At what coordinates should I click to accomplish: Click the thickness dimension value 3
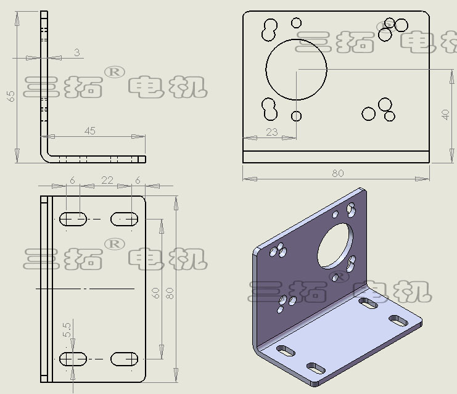[x=76, y=52]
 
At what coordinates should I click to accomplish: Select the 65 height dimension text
[x=10, y=96]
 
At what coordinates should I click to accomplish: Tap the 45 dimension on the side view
[x=90, y=131]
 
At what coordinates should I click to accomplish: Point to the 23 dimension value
[x=271, y=133]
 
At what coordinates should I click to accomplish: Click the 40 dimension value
[x=445, y=115]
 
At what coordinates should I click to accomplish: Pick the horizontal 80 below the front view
[x=338, y=173]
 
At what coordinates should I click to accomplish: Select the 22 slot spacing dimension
[x=107, y=181]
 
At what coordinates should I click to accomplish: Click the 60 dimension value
[x=155, y=293]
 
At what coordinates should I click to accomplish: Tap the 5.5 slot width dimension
[x=67, y=330]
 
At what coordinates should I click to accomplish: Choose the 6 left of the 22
[x=72, y=181]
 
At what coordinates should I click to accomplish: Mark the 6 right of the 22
[x=138, y=181]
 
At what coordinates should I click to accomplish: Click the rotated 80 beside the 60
[x=170, y=293]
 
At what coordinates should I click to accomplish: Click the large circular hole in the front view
[x=297, y=39]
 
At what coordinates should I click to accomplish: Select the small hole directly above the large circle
[x=297, y=23]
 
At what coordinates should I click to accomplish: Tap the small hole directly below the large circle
[x=297, y=116]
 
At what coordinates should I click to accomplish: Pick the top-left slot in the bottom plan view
[x=73, y=219]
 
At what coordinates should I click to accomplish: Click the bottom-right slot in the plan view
[x=124, y=359]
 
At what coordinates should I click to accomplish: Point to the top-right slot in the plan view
[x=124, y=219]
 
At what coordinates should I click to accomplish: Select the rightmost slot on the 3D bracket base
[x=398, y=321]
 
